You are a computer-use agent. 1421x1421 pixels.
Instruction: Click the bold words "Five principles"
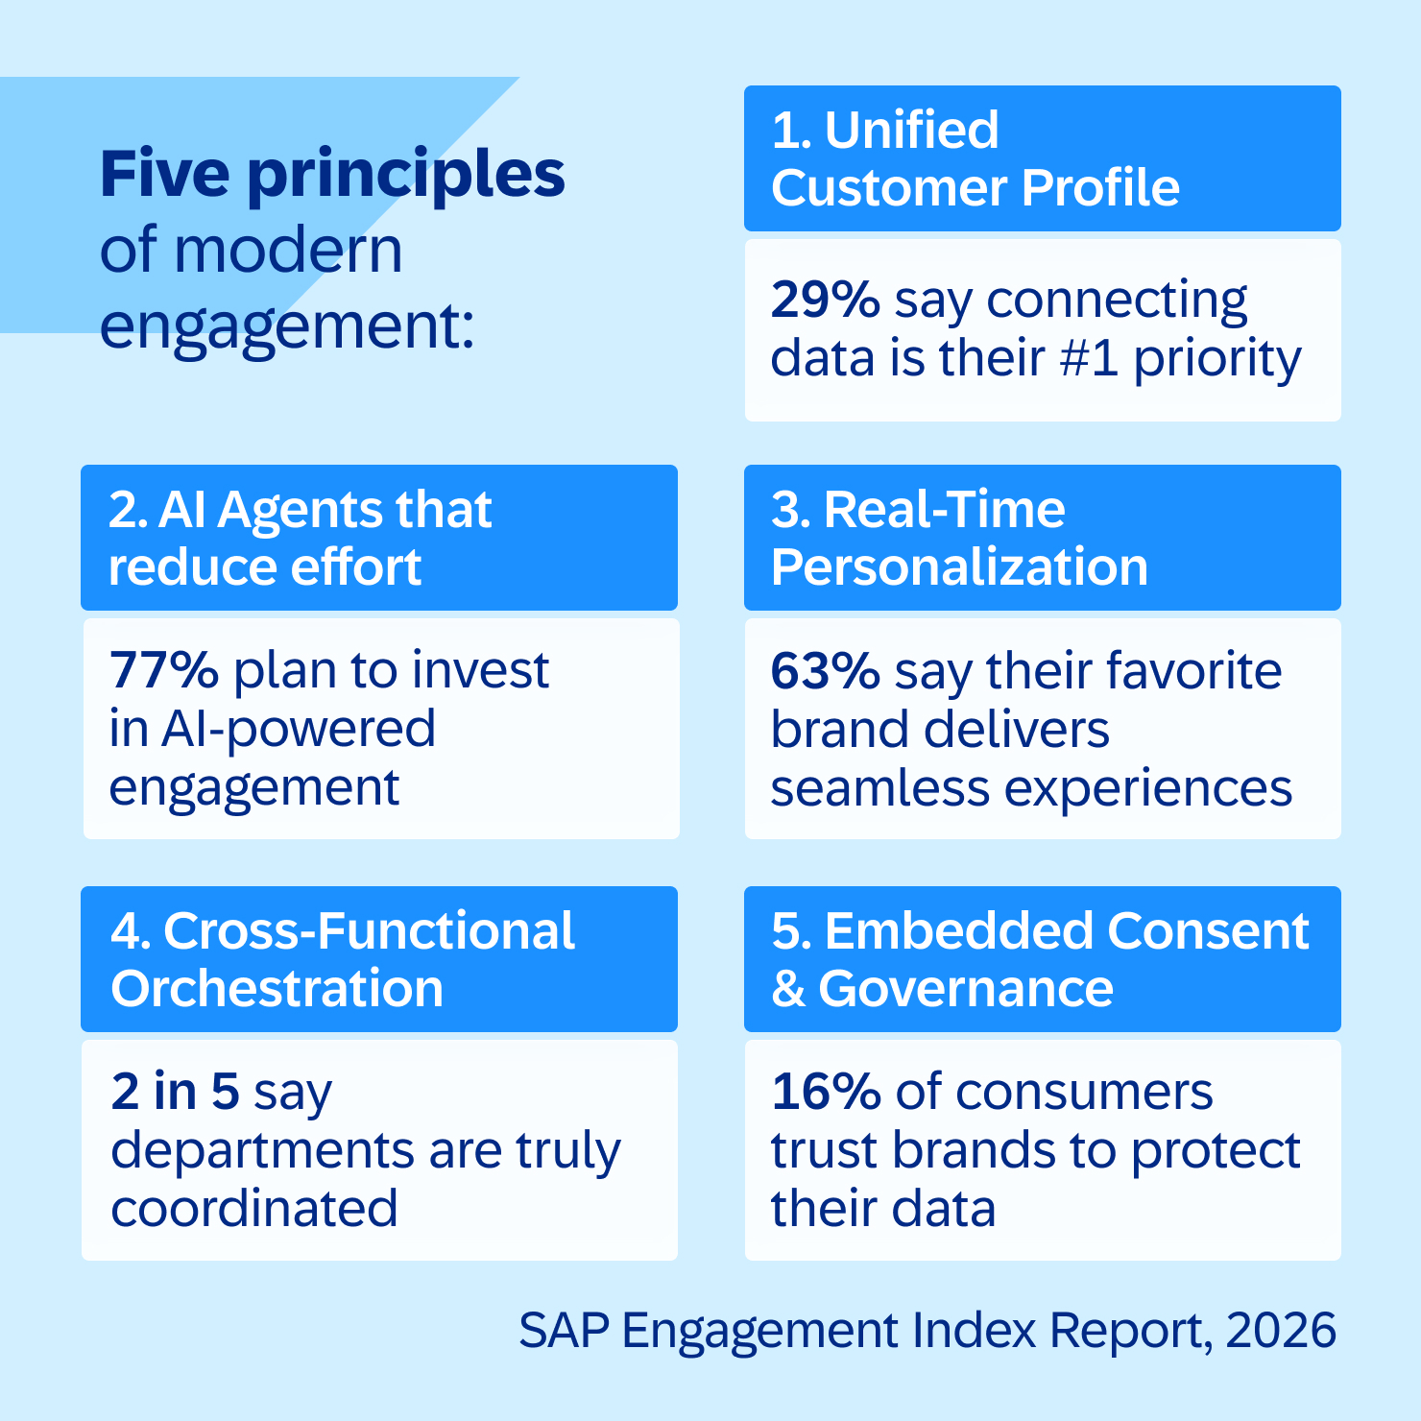332,175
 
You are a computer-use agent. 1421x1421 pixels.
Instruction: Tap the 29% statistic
825,300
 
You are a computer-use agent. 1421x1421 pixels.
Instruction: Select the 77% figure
163,670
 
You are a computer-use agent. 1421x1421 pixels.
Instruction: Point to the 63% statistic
825,670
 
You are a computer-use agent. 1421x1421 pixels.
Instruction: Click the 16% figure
825,1092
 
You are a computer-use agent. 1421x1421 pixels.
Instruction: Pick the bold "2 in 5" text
174,1092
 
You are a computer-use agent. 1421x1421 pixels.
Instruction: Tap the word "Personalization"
959,566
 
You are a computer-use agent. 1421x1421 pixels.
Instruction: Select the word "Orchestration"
277,988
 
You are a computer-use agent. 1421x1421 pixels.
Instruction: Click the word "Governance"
966,988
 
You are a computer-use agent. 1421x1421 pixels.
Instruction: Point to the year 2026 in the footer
1281,1331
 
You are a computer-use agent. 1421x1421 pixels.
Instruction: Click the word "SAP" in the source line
564,1331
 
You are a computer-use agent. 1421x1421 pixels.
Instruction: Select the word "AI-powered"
298,729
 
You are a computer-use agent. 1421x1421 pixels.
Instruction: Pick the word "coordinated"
253,1209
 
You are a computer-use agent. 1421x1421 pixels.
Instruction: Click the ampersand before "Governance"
788,989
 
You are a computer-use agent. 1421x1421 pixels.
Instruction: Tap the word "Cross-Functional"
369,930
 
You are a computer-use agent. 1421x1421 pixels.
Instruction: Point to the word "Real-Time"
944,509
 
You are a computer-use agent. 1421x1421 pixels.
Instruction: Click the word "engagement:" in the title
286,326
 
